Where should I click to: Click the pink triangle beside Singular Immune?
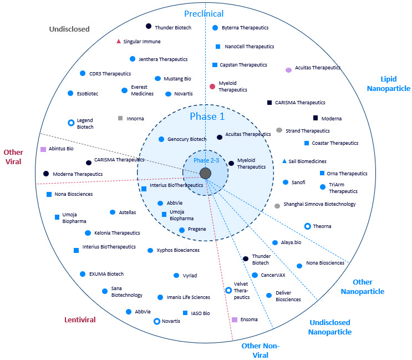click(118, 41)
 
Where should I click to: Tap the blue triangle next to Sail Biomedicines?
click(284, 161)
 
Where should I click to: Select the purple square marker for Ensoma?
click(235, 320)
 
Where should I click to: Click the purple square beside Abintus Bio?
click(43, 149)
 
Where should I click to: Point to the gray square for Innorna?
click(120, 118)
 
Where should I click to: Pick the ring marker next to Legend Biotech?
click(70, 123)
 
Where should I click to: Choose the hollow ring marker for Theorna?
click(307, 226)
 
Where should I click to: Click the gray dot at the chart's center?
click(206, 174)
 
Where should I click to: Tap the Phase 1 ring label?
click(207, 116)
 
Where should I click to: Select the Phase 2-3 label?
click(206, 160)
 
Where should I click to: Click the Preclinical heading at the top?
click(204, 13)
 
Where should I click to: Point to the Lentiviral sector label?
click(80, 320)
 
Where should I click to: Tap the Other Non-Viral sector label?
click(260, 351)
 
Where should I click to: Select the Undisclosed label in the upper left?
click(69, 29)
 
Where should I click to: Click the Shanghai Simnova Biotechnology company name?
click(319, 204)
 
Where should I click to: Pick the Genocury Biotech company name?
click(187, 139)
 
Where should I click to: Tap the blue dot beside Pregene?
click(182, 230)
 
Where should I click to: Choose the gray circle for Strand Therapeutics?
click(279, 130)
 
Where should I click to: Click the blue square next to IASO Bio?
click(185, 313)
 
